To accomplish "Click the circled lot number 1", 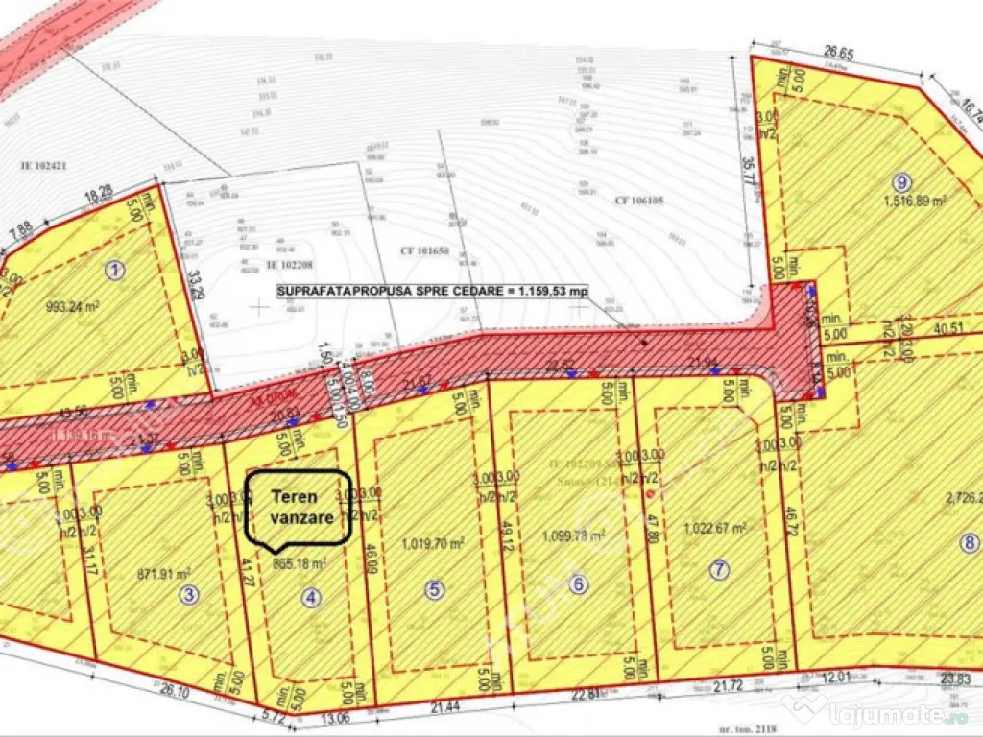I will click(x=116, y=271).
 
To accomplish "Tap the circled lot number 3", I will click(x=190, y=595).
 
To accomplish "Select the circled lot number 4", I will click(x=309, y=596).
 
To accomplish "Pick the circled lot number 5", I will click(x=435, y=590).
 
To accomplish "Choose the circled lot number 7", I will click(x=718, y=570).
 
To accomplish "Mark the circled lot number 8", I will click(x=966, y=542).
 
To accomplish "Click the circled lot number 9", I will click(x=899, y=181).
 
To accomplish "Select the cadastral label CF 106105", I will click(x=639, y=201).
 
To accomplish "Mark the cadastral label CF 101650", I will click(x=425, y=250).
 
